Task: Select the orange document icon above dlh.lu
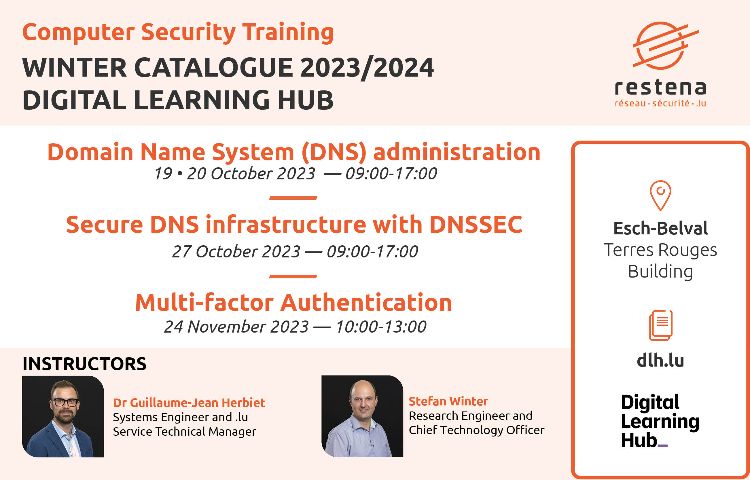coord(660,325)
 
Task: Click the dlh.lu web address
coord(660,360)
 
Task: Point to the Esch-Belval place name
coord(660,228)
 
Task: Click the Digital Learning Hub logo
coord(660,421)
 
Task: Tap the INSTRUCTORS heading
coord(84,364)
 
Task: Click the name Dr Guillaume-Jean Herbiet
coord(189,403)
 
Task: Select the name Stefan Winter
coord(448,401)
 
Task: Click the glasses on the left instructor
coord(65,402)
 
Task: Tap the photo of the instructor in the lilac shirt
coord(362,416)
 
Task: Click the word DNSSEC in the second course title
coord(476,224)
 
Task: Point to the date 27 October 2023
coord(236,252)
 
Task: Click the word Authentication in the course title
coord(366,303)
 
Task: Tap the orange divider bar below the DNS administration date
coord(293,198)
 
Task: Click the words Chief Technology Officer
coord(477,430)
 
